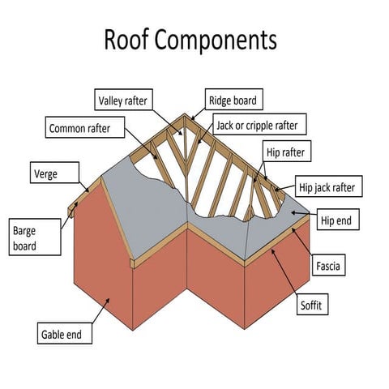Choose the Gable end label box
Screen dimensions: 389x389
66,333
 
